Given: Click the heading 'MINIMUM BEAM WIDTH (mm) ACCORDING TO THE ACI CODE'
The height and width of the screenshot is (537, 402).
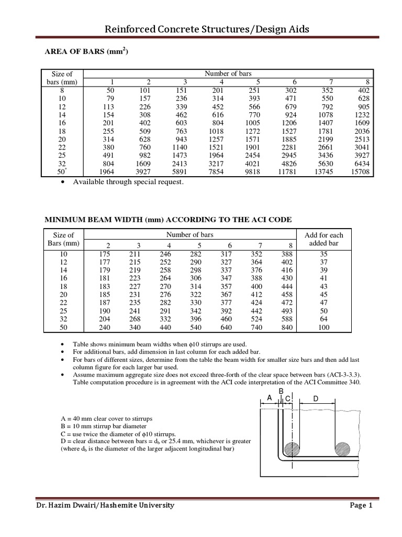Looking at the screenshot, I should [x=167, y=219].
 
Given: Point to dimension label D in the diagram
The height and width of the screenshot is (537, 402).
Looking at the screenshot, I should [x=316, y=399].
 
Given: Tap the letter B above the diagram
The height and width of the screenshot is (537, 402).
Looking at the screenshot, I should [x=281, y=391].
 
